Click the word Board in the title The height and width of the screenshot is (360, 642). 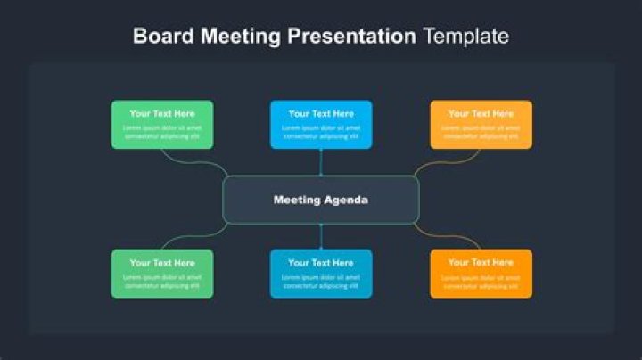pyautogui.click(x=164, y=37)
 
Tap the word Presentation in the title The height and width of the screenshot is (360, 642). pyautogui.click(x=354, y=37)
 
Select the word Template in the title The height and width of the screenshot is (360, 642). pyautogui.click(x=465, y=37)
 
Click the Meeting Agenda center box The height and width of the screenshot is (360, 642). pyautogui.click(x=320, y=200)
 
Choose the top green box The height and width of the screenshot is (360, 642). pyautogui.click(x=161, y=124)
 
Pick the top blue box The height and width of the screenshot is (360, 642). pyautogui.click(x=321, y=124)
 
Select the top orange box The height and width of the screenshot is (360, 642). pyautogui.click(x=481, y=124)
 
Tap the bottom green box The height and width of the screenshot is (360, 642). pyautogui.click(x=161, y=274)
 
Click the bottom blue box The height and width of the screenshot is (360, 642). pyautogui.click(x=321, y=274)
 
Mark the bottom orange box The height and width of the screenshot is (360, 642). pyautogui.click(x=481, y=274)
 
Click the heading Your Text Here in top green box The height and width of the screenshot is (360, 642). pyautogui.click(x=161, y=113)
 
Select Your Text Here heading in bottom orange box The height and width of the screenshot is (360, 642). pyautogui.click(x=481, y=263)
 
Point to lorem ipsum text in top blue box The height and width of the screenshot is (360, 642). pyautogui.click(x=321, y=132)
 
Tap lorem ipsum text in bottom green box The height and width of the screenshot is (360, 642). pyautogui.click(x=161, y=282)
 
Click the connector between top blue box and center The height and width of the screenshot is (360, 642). pyautogui.click(x=321, y=162)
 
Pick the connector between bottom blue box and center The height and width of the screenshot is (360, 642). pyautogui.click(x=321, y=236)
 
